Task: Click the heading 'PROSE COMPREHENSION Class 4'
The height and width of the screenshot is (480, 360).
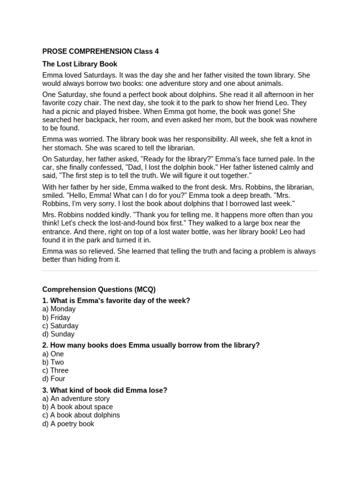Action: tap(100, 52)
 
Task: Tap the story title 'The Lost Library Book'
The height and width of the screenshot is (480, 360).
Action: tap(80, 64)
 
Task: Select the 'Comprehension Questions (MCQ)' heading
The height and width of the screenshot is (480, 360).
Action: tap(99, 290)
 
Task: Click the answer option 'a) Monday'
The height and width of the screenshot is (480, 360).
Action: tap(59, 309)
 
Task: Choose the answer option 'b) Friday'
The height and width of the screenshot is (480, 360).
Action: tap(56, 317)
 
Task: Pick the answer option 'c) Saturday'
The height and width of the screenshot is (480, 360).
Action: tap(60, 326)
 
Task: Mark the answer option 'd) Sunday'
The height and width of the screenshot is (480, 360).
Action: tap(59, 334)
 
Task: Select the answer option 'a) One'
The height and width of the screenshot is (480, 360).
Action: tap(53, 354)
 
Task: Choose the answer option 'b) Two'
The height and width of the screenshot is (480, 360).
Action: tap(53, 362)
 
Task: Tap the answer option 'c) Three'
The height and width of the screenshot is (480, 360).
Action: tap(55, 370)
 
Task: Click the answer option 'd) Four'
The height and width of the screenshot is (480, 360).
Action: tap(54, 379)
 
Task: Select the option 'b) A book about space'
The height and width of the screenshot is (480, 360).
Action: tap(77, 407)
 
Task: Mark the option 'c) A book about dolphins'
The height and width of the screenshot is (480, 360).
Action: tap(81, 415)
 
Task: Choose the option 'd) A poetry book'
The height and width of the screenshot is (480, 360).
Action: tap(68, 424)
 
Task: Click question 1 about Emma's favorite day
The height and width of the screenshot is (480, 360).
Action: tap(116, 300)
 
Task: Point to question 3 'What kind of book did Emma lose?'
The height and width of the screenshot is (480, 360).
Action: tap(105, 390)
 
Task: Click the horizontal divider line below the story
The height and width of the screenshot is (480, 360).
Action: tap(180, 270)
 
